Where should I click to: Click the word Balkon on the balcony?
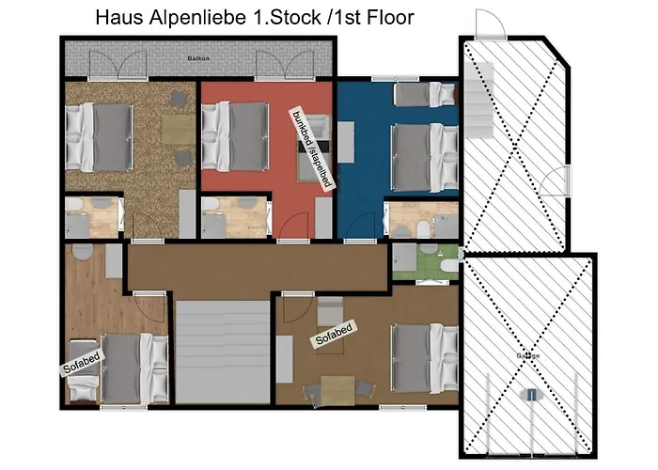click(x=197, y=58)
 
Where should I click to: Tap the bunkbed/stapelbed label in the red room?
click(x=311, y=149)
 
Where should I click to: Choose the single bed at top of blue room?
click(x=424, y=93)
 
